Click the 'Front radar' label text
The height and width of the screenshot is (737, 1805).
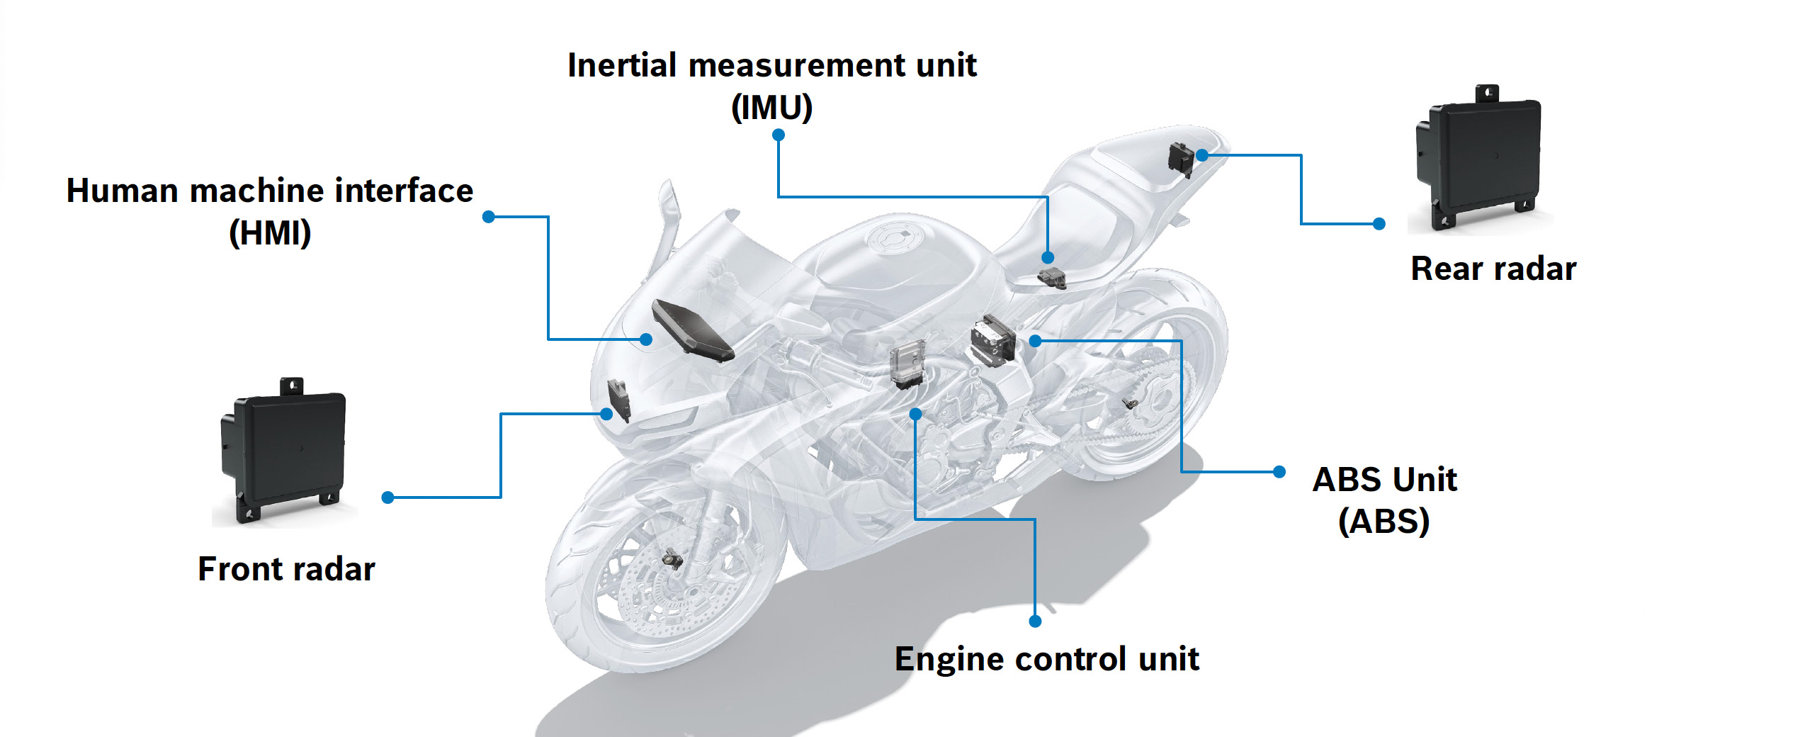click(286, 569)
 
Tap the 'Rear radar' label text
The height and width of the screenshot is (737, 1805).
click(1493, 269)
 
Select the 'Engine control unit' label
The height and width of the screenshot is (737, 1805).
click(1046, 659)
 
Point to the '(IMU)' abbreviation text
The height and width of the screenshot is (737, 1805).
click(771, 108)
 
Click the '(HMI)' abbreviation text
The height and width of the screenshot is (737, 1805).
click(270, 233)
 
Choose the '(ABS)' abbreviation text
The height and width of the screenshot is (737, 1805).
click(1384, 522)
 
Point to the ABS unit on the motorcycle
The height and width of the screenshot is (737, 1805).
click(992, 340)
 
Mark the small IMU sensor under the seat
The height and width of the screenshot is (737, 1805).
click(1052, 278)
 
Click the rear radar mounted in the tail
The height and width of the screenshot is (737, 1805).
click(1181, 159)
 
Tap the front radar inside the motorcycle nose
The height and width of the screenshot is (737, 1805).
click(618, 399)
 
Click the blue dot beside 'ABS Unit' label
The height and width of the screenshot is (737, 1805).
click(1279, 472)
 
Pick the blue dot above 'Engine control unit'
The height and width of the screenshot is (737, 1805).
click(1035, 621)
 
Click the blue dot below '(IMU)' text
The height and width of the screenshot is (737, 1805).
click(778, 135)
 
